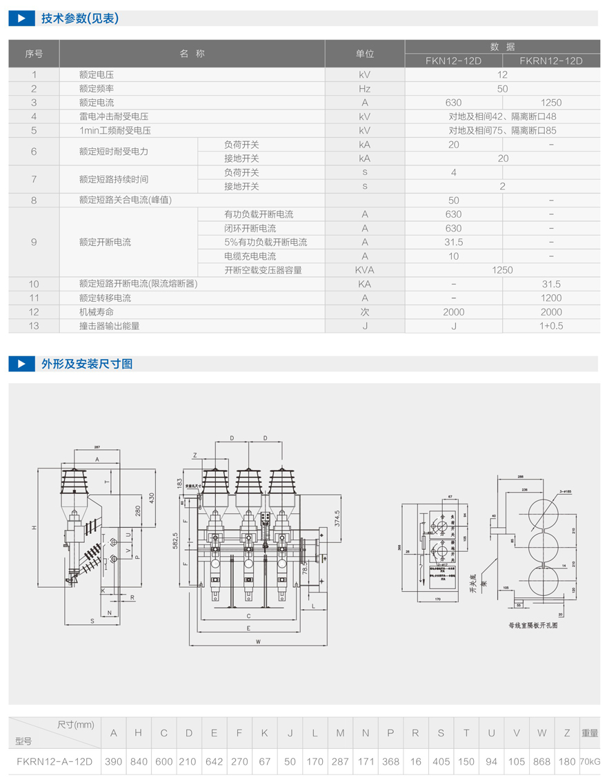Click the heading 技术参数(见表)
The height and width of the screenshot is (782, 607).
coord(80,19)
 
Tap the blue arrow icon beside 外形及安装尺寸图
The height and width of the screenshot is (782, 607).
coord(21,364)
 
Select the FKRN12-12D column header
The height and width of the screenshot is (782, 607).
coord(551,61)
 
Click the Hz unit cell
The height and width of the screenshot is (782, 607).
coord(364,89)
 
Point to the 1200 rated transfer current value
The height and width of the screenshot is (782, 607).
coord(551,298)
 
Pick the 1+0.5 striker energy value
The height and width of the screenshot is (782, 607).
coord(551,326)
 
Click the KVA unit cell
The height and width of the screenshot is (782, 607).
coord(364,270)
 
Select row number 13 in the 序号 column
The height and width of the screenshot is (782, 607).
coord(34,326)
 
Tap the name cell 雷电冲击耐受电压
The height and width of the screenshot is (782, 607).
coord(114,116)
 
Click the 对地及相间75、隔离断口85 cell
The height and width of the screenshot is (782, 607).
coord(502,130)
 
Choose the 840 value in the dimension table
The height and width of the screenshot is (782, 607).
coord(138,761)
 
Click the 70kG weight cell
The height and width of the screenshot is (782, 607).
coord(590,761)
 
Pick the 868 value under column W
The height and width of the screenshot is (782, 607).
coord(541,761)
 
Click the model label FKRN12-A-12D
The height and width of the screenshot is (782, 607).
coord(54,761)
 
